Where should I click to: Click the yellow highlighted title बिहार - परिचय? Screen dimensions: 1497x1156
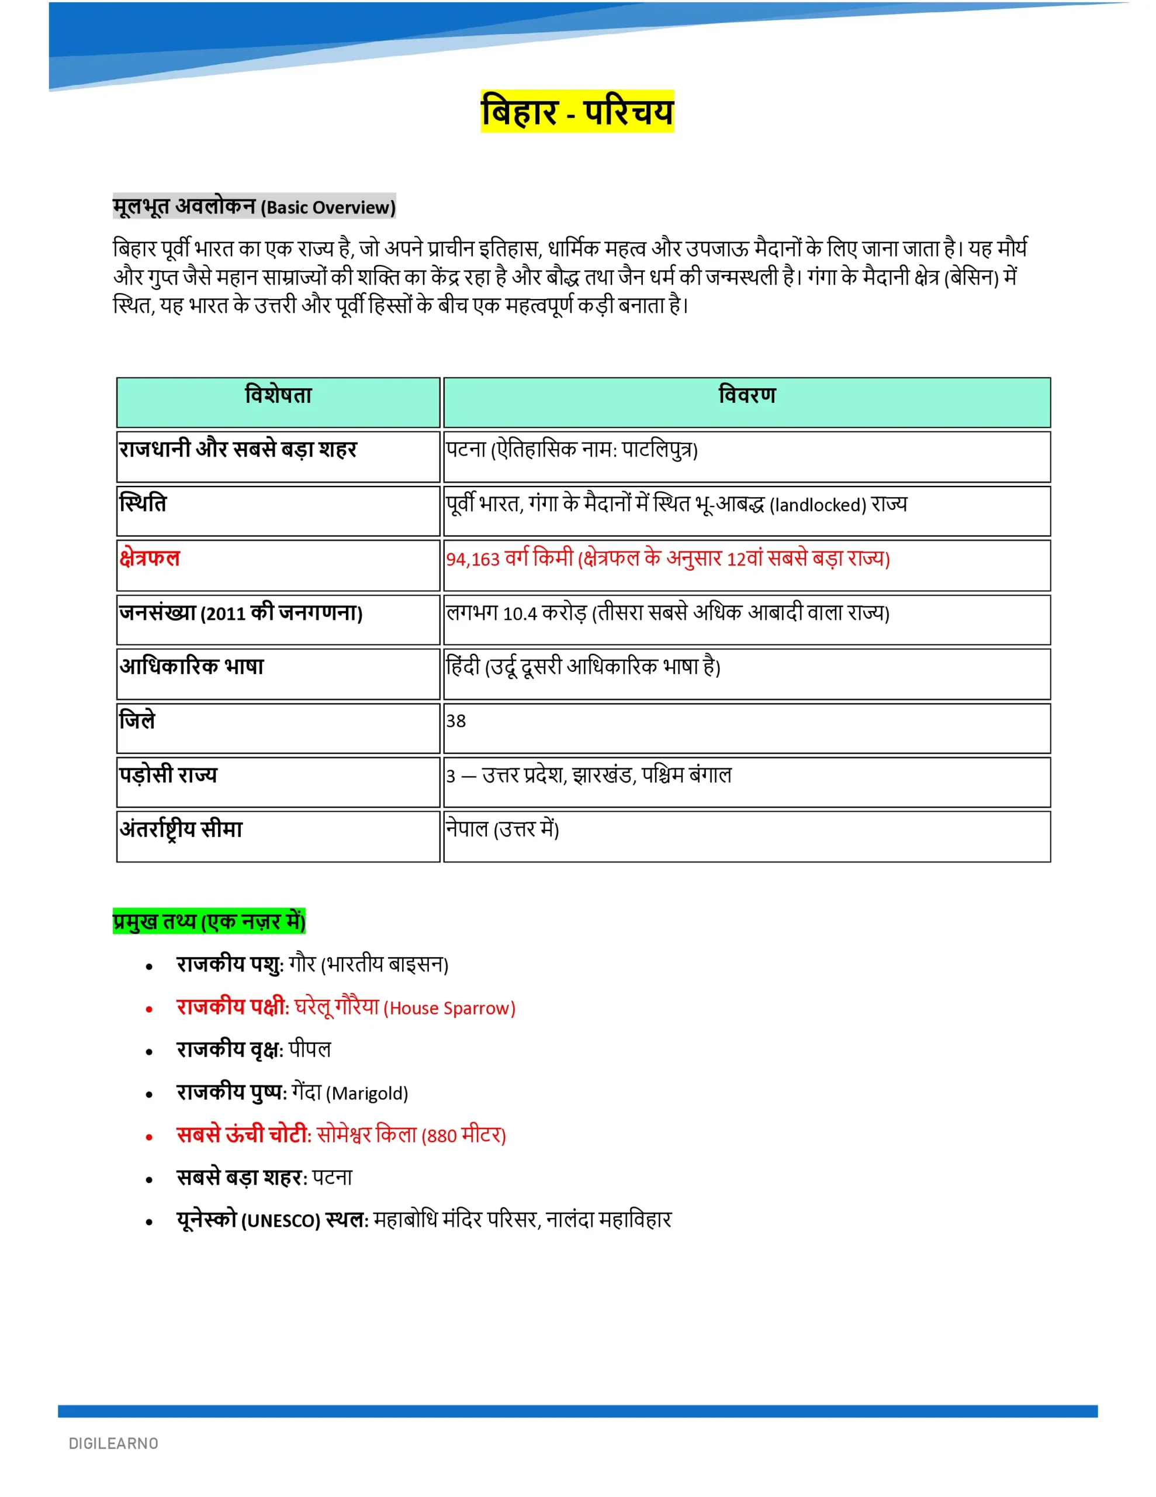coord(577,111)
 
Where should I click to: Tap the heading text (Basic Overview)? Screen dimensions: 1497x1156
coord(328,208)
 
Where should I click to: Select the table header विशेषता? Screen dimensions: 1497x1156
coord(278,395)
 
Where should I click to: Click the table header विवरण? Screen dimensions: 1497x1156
coord(747,395)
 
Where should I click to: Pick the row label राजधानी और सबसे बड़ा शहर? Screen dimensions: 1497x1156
coord(238,450)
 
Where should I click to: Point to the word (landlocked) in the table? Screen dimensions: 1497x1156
coord(818,505)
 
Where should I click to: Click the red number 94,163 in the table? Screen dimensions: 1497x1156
coord(473,559)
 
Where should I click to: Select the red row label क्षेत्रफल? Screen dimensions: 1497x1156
coord(150,558)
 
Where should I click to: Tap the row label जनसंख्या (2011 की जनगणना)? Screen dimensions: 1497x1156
coord(241,612)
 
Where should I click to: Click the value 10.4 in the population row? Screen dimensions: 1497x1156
coord(520,613)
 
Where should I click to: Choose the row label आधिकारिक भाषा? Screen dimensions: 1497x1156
coord(192,666)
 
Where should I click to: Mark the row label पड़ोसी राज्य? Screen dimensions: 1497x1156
coord(168,775)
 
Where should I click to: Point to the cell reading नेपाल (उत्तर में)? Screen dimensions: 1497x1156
coord(502,829)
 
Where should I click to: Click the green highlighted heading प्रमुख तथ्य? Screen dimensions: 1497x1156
coord(209,921)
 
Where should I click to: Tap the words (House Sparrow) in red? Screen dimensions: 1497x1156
coord(449,1008)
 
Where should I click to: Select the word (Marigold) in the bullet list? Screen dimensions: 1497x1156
coord(366,1094)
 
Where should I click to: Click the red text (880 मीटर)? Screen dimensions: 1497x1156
coord(463,1136)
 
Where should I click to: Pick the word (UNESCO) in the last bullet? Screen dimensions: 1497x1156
coord(281,1221)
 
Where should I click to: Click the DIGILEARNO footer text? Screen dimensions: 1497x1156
coord(114,1444)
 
